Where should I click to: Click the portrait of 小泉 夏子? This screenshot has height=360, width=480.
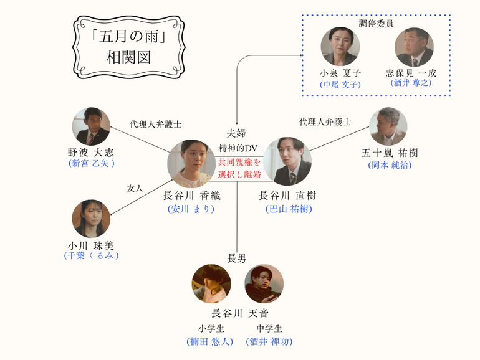click(x=340, y=47)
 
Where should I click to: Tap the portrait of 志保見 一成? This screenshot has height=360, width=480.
click(x=414, y=47)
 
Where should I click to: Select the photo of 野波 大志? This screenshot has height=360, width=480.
click(x=91, y=126)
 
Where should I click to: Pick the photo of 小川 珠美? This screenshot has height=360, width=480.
click(x=91, y=218)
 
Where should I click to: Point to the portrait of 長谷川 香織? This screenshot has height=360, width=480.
click(x=191, y=164)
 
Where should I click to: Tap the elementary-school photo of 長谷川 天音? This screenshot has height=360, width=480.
click(x=211, y=284)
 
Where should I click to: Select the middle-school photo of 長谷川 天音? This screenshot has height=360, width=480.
click(x=264, y=284)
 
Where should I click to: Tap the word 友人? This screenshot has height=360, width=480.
click(x=135, y=187)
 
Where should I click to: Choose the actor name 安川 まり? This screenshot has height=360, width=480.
click(x=191, y=209)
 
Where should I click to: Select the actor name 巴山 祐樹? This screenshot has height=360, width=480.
click(x=286, y=209)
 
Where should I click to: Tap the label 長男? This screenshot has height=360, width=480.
click(x=238, y=258)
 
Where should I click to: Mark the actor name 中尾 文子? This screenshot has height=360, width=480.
click(x=340, y=84)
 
